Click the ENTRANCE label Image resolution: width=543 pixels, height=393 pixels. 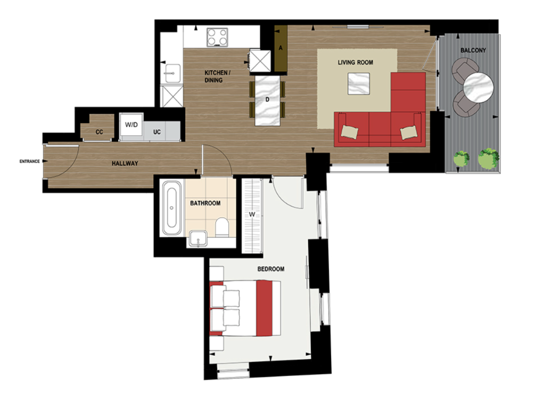[x=29, y=161]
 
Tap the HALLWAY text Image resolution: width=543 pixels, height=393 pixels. [x=125, y=163]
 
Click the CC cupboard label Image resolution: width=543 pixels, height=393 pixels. [x=99, y=132]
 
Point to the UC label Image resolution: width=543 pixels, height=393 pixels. [x=158, y=132]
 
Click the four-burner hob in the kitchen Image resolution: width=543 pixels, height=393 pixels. [x=217, y=37]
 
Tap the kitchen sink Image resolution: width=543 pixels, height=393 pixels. [x=173, y=73]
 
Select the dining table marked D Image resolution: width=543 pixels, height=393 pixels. [x=268, y=100]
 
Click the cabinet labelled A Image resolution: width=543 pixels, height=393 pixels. [x=281, y=48]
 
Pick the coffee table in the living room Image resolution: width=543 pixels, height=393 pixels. [x=358, y=84]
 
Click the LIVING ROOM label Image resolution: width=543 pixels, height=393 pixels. [x=355, y=62]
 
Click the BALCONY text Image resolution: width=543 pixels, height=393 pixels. [x=473, y=51]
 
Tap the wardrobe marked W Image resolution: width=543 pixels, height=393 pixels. [x=253, y=215]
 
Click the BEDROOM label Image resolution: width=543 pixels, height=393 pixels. [x=270, y=269]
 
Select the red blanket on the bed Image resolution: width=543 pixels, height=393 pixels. [x=268, y=308]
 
